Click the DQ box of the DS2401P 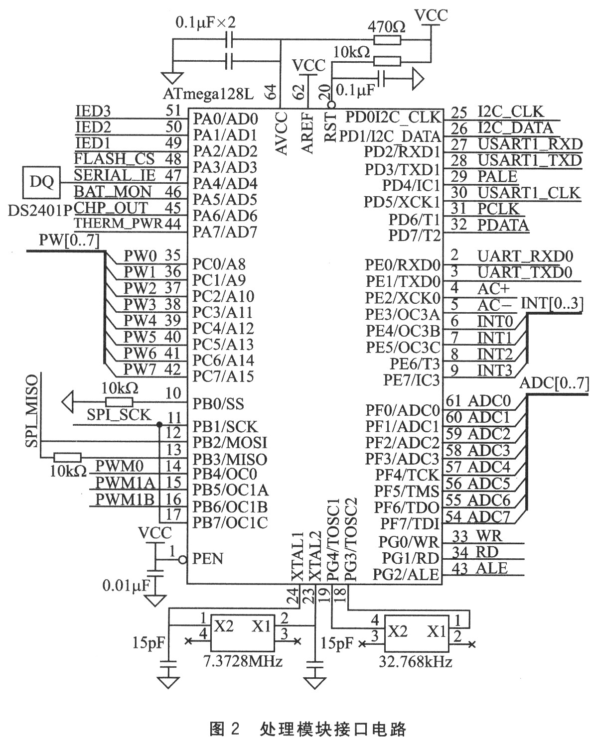(41, 182)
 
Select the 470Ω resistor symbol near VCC (387, 27)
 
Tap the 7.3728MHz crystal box (243, 632)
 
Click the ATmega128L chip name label (208, 94)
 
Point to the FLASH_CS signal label (115, 159)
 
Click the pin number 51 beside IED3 (173, 111)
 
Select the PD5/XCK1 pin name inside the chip (402, 202)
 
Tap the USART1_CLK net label (529, 192)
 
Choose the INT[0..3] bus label (552, 302)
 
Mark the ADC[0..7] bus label (554, 383)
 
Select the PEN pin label (208, 559)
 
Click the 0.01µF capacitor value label (126, 586)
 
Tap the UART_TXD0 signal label (525, 272)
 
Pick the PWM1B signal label (125, 499)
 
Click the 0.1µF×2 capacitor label (205, 23)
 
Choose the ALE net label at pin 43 (492, 568)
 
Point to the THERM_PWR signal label (119, 224)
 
